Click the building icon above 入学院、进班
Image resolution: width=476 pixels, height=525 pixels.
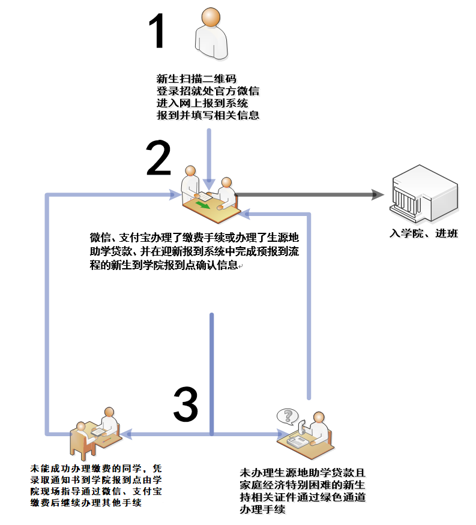pyautogui.click(x=424, y=195)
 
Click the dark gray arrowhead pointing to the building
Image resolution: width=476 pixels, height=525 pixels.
pyautogui.click(x=378, y=194)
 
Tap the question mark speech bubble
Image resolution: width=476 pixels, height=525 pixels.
pyautogui.click(x=288, y=416)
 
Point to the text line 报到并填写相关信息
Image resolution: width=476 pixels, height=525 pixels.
pyautogui.click(x=207, y=115)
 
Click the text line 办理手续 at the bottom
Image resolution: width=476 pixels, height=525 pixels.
pyautogui.click(x=262, y=509)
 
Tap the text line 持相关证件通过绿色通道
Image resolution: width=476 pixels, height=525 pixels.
pyautogui.click(x=303, y=497)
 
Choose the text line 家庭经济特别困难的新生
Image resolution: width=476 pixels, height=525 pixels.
pyautogui.click(x=303, y=485)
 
